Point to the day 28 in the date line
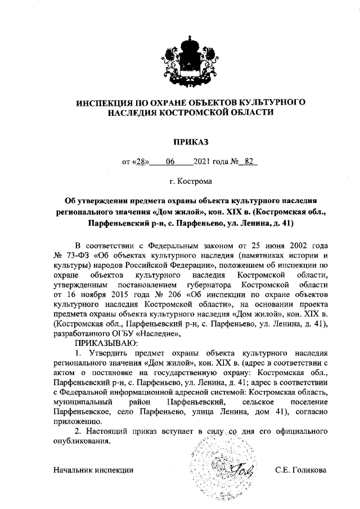141,163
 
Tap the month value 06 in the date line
170,163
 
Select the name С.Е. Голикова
301,470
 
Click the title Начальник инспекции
93,470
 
